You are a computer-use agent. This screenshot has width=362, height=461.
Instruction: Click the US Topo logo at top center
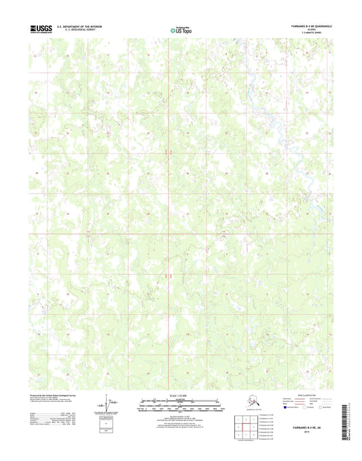(x=181, y=29)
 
